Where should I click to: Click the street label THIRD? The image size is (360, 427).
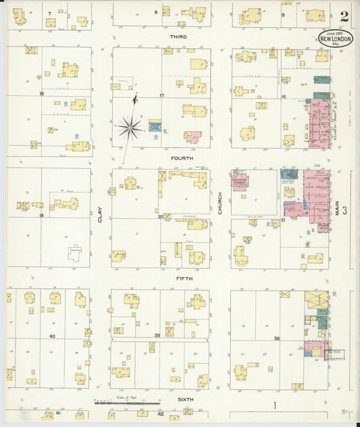(179, 36)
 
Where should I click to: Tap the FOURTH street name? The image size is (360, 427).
(182, 158)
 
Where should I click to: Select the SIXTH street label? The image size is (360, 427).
(185, 399)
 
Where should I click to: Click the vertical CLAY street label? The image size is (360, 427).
(100, 215)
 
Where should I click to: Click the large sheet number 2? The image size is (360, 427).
(345, 16)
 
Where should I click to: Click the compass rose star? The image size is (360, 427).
(129, 126)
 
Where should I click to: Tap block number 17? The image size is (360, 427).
(161, 95)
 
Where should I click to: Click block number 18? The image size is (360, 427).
(42, 93)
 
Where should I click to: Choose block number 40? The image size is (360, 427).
(51, 335)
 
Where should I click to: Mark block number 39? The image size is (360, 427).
(157, 335)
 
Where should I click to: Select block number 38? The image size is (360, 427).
(277, 338)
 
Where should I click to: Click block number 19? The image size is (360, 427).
(42, 215)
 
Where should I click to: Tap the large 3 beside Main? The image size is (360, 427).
(344, 211)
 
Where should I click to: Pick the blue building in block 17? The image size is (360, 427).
(155, 126)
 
